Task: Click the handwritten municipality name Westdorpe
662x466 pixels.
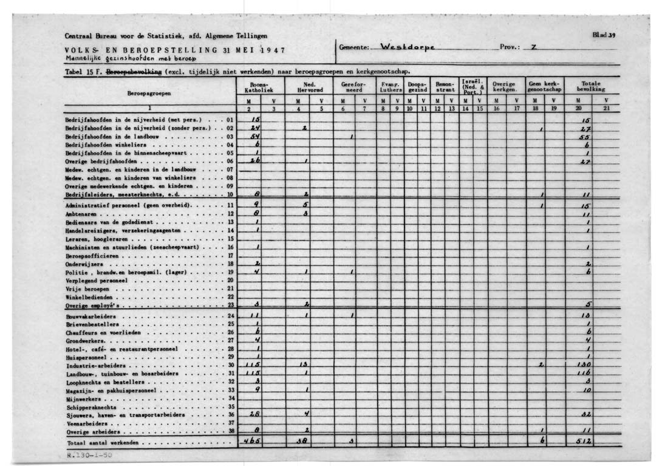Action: pos(405,47)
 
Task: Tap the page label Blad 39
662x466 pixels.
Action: pos(604,35)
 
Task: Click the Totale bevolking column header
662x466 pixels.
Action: pos(590,87)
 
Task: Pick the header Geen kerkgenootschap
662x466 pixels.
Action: pos(544,87)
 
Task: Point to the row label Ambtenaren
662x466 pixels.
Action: pos(83,214)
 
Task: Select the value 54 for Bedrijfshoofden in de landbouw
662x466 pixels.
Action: pos(257,137)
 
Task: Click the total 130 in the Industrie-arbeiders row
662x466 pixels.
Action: pos(585,365)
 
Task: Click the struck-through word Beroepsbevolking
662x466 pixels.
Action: pos(134,71)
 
